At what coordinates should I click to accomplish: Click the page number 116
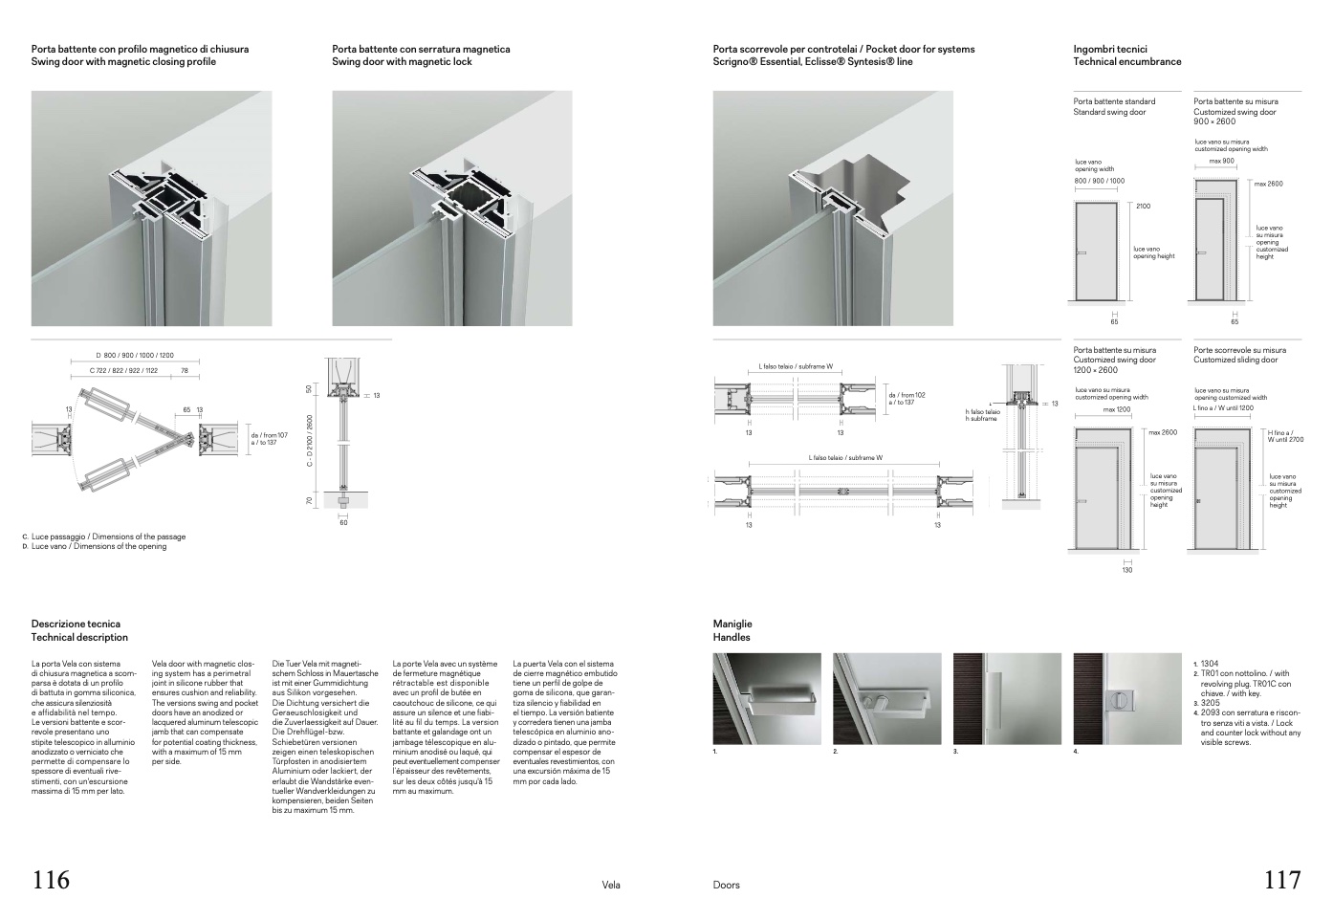[x=52, y=880]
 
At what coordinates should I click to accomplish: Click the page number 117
[x=1282, y=880]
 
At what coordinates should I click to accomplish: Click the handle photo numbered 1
[x=767, y=698]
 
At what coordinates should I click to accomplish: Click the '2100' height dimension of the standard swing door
[x=1144, y=206]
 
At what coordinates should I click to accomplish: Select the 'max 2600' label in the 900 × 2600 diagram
[x=1268, y=184]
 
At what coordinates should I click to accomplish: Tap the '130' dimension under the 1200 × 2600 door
[x=1126, y=570]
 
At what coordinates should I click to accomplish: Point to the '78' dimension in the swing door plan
[x=185, y=370]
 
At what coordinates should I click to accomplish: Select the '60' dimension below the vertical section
[x=344, y=523]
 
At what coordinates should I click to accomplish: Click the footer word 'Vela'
[x=611, y=885]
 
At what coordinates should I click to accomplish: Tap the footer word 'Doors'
[x=726, y=885]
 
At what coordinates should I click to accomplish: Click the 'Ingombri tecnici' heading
[x=1110, y=49]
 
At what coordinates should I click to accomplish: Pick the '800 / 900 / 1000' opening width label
[x=1100, y=181]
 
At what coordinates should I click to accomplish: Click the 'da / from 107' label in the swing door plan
[x=269, y=435]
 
